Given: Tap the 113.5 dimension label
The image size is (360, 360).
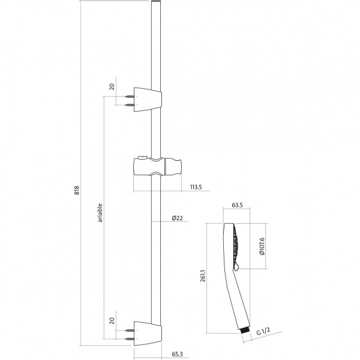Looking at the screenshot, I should [195, 187].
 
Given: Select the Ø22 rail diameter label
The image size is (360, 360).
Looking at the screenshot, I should [177, 218].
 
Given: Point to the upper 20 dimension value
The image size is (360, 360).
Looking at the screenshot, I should [112, 86].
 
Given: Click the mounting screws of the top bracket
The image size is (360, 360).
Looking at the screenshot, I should [130, 100].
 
